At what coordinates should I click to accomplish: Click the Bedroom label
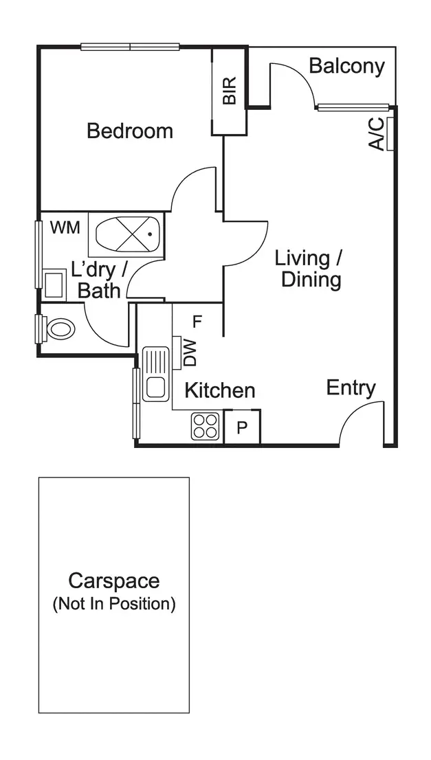coord(129,131)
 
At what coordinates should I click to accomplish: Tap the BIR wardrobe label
coord(230,91)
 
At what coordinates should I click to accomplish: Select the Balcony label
coord(346,66)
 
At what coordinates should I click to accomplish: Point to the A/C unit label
coord(376,134)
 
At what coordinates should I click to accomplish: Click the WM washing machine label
coord(65,227)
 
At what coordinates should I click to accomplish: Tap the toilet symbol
coord(58,328)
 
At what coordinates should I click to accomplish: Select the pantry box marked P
coord(242,427)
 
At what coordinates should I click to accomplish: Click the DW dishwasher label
coord(190,353)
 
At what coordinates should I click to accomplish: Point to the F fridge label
coord(197,321)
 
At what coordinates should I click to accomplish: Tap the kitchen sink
coord(155,374)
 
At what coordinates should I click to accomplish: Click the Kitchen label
coord(220,390)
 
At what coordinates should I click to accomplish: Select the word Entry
coord(351,388)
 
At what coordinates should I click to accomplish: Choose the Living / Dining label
coord(309,269)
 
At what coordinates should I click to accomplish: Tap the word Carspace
coord(113,581)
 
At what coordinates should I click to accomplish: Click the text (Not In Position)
coord(113,604)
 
